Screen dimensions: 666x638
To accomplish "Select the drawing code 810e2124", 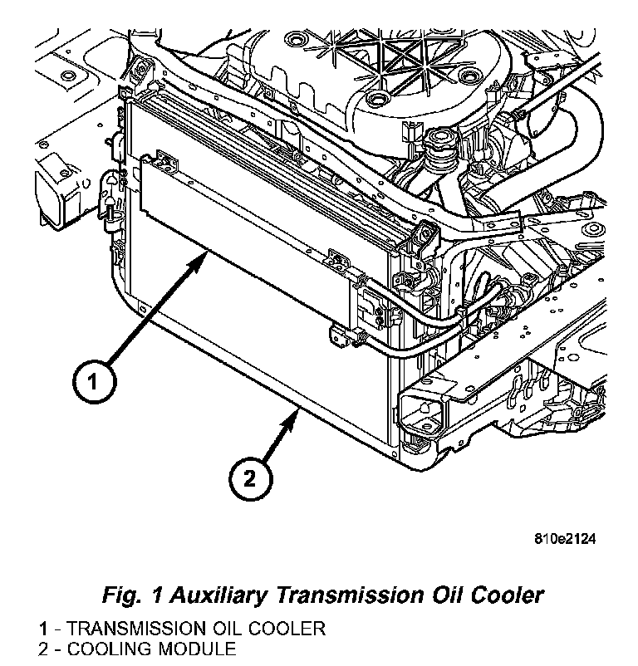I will pyautogui.click(x=565, y=539).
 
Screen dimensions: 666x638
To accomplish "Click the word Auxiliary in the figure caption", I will pyautogui.click(x=209, y=595).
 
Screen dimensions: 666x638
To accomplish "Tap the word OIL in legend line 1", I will pyautogui.click(x=224, y=629).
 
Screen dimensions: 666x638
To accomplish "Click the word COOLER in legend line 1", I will pyautogui.click(x=287, y=629).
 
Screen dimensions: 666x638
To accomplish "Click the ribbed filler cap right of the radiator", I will pyautogui.click(x=434, y=152).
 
